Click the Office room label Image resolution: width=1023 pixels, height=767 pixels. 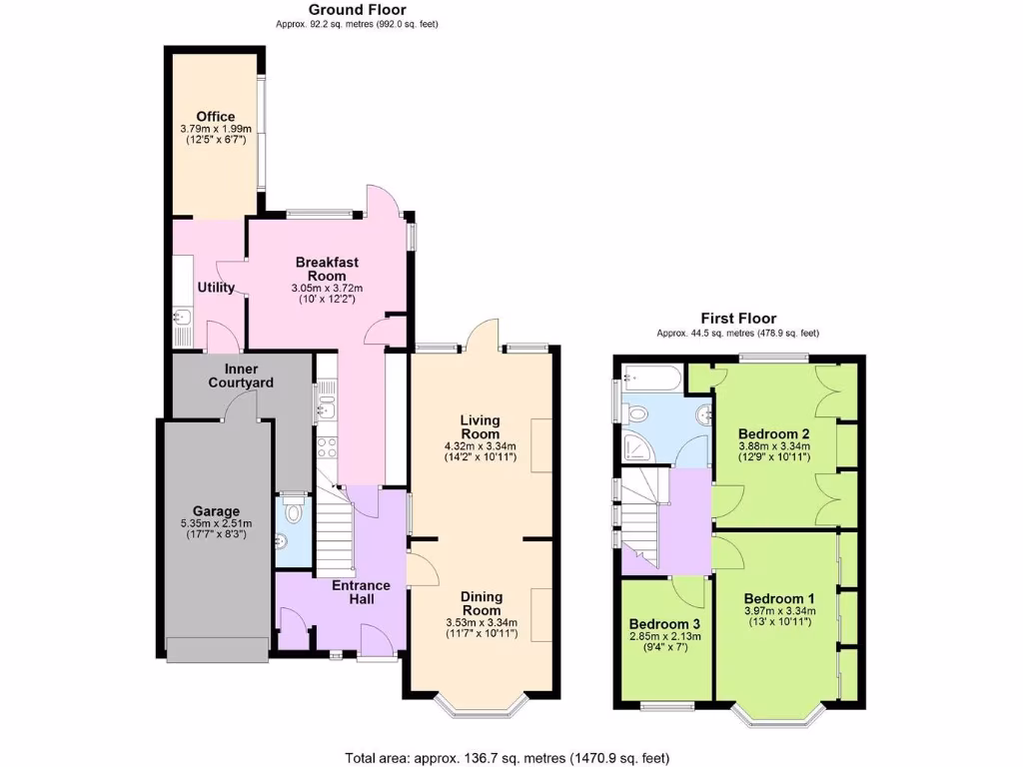pyautogui.click(x=216, y=117)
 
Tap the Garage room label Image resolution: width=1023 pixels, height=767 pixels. pyautogui.click(x=218, y=511)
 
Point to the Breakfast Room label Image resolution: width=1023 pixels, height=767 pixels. pyautogui.click(x=327, y=269)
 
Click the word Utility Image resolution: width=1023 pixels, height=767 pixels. pyautogui.click(x=216, y=288)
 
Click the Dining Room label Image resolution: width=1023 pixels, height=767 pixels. pyautogui.click(x=482, y=603)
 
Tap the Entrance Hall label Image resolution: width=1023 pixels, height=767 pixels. pyautogui.click(x=363, y=591)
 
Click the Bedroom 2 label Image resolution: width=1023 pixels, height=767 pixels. pyautogui.click(x=773, y=433)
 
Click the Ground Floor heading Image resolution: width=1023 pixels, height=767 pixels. pyautogui.click(x=343, y=10)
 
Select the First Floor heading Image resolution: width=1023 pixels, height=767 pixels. pyautogui.click(x=737, y=319)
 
